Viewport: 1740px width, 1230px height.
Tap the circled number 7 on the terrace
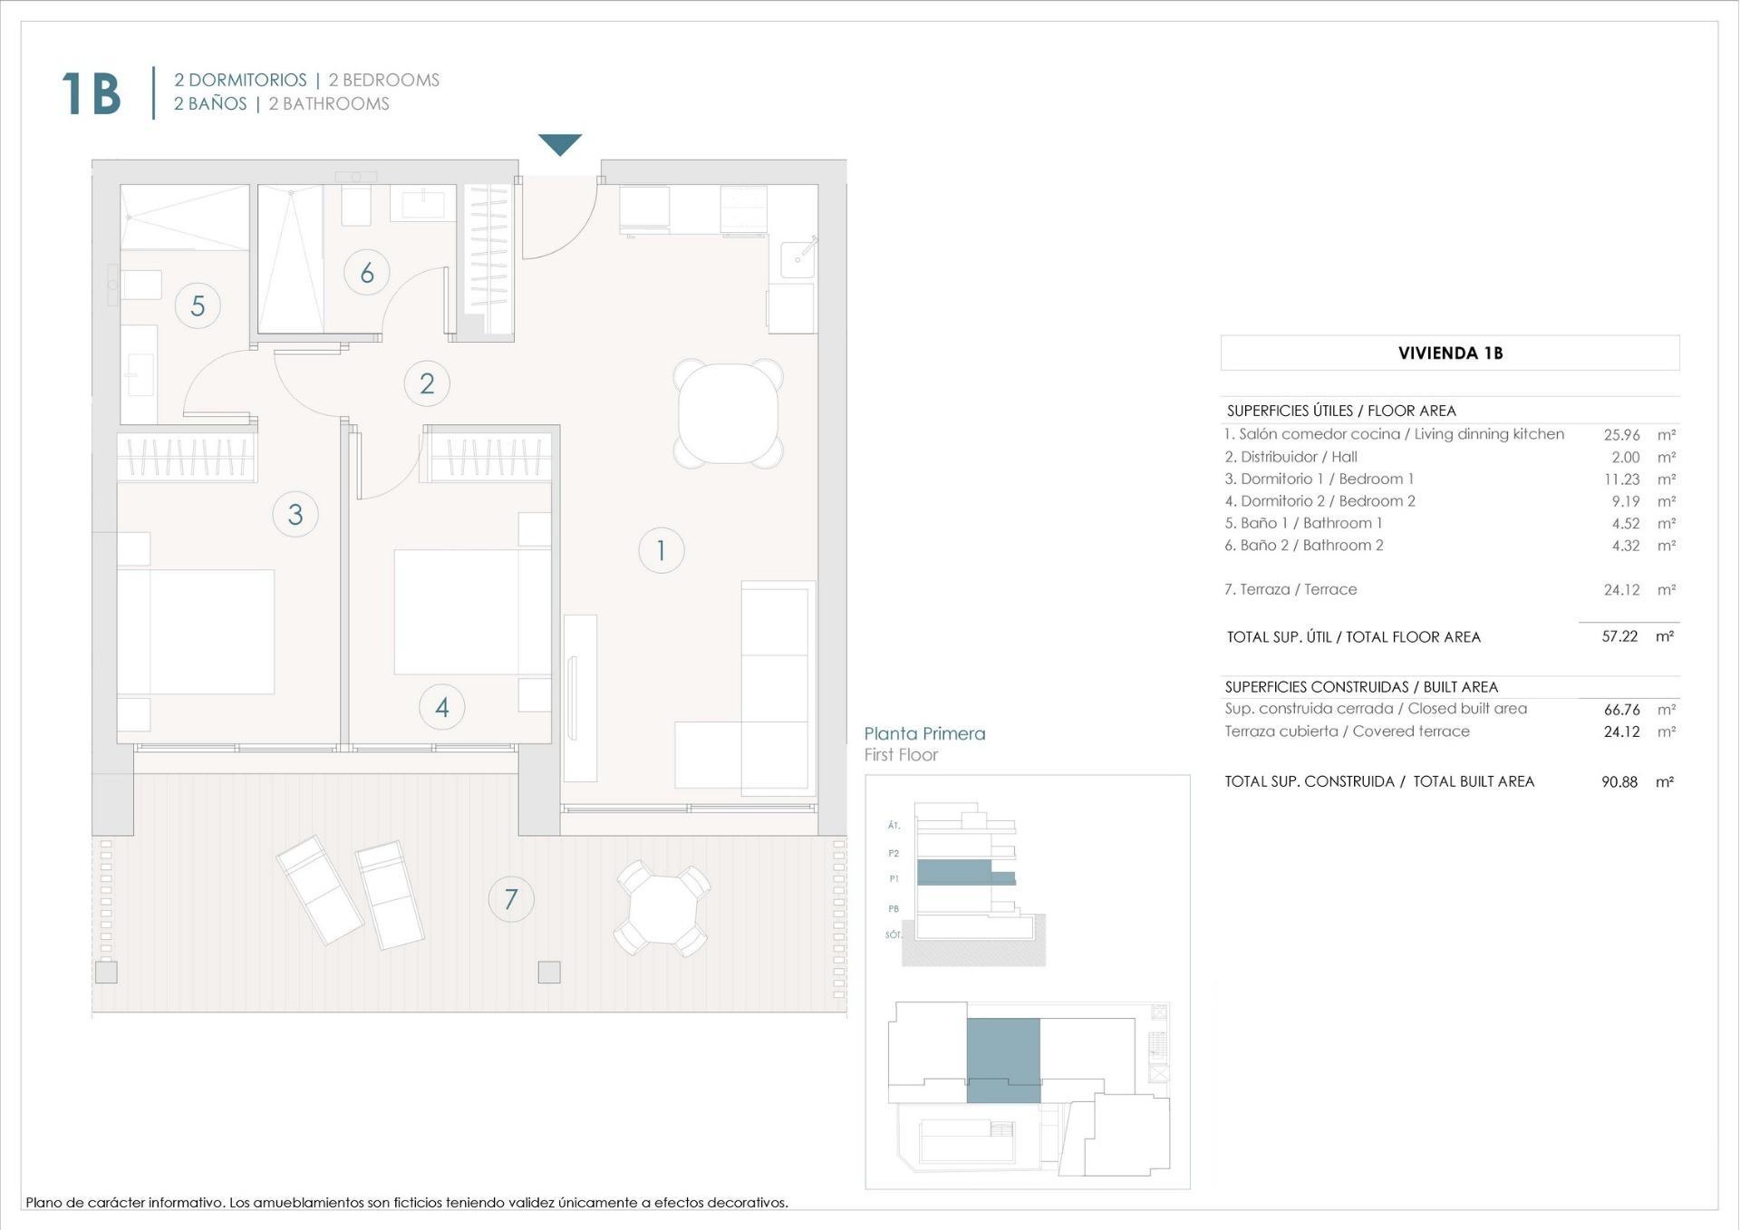511,899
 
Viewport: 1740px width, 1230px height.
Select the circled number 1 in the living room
661,550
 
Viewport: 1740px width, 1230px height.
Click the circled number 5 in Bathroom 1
198,305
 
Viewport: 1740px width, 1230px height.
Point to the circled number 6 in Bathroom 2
367,272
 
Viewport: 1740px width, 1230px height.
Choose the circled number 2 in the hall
427,383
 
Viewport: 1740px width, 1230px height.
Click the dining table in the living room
728,413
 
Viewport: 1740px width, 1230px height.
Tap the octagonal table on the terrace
662,909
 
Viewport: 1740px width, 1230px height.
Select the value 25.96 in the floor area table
1621,435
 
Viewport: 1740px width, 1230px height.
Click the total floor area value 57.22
1619,636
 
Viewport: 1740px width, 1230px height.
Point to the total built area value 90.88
1619,781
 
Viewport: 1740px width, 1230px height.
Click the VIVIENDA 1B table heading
1450,354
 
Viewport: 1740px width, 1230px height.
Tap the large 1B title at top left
91,93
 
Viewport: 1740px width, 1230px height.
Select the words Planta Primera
924,733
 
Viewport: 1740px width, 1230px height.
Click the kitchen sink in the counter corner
797,259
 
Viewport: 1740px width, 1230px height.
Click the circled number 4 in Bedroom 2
442,707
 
